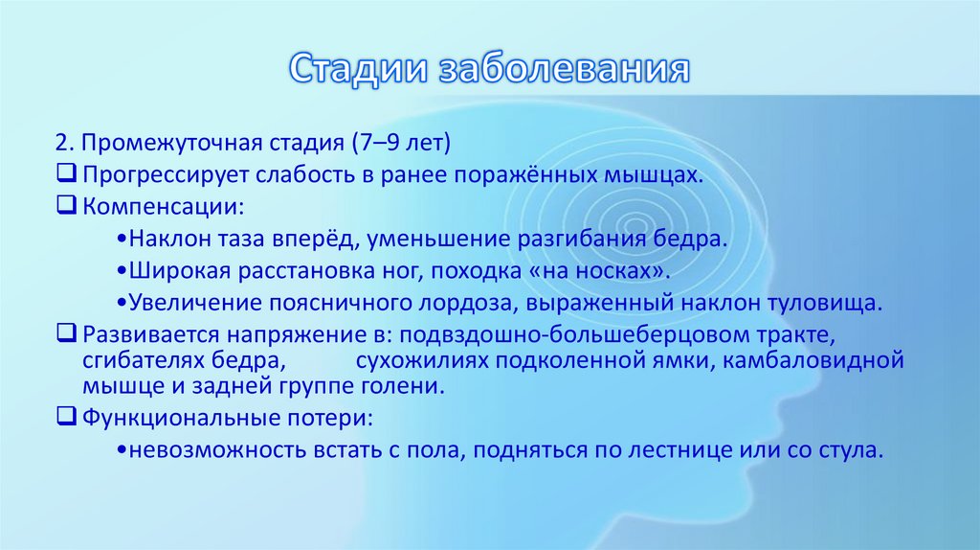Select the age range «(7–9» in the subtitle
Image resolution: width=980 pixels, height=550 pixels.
click(x=374, y=144)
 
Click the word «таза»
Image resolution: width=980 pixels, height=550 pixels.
click(x=223, y=238)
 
